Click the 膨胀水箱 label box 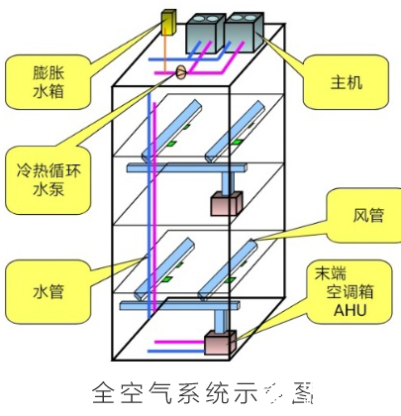pos(42,81)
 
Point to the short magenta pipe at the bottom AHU pos(178,348)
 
